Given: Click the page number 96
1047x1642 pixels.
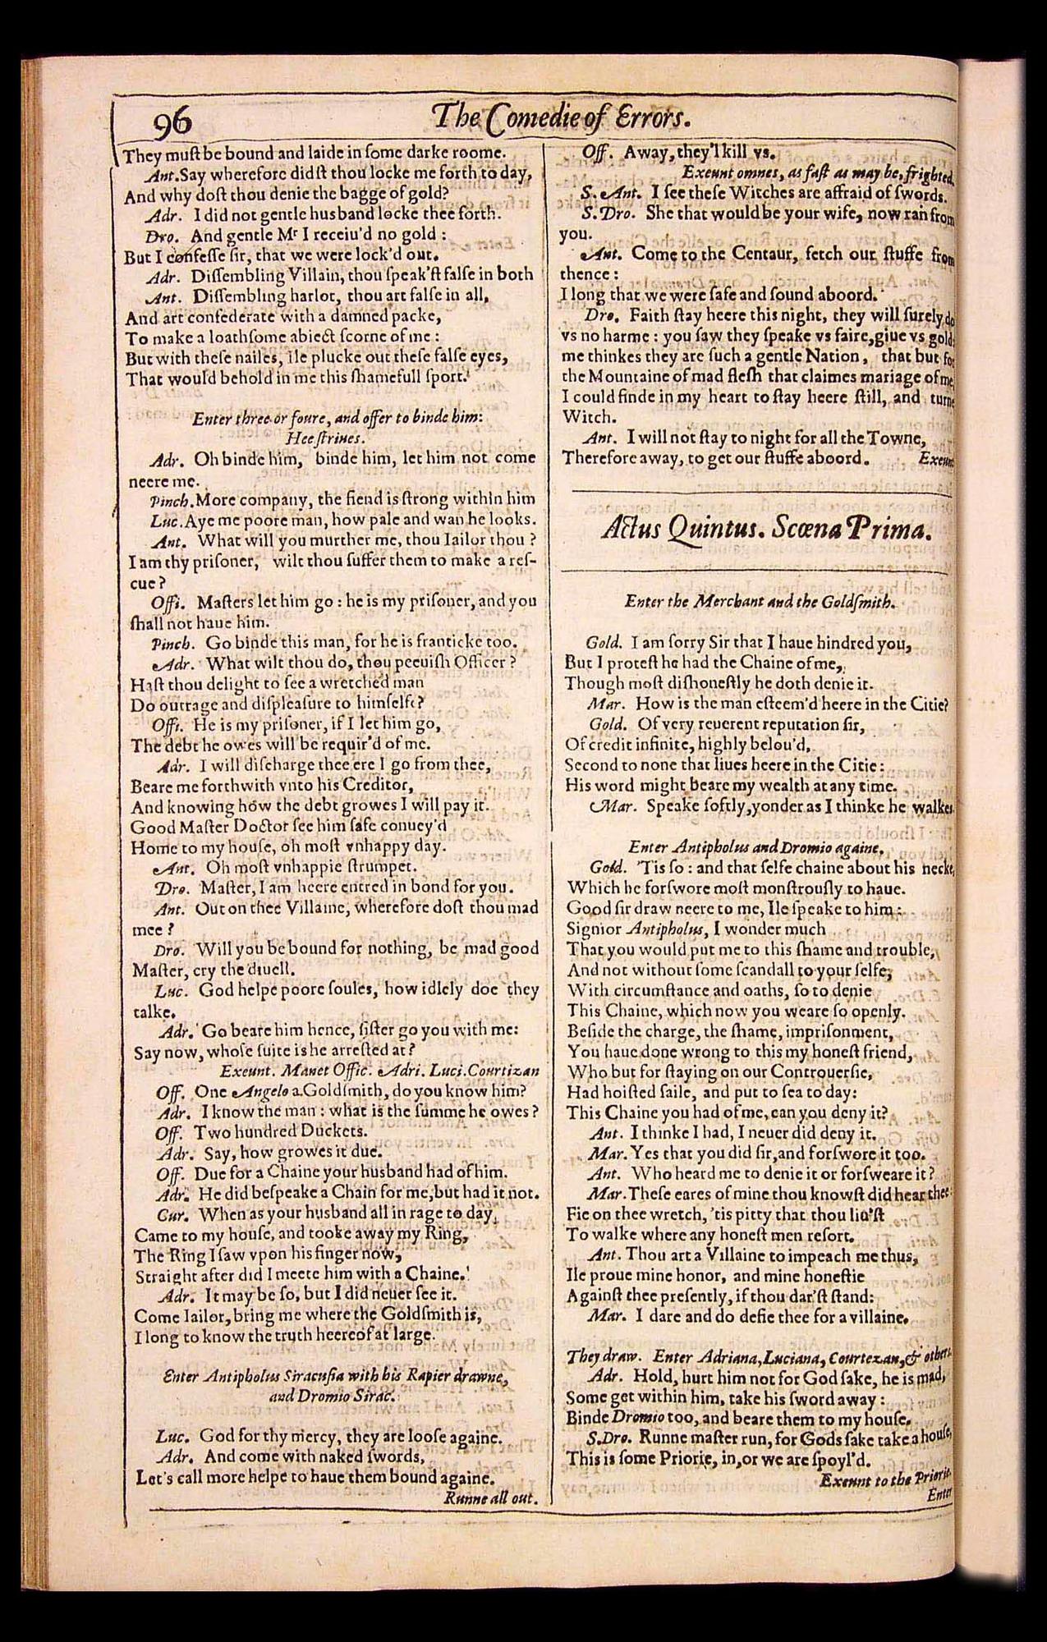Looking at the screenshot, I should (x=172, y=122).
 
